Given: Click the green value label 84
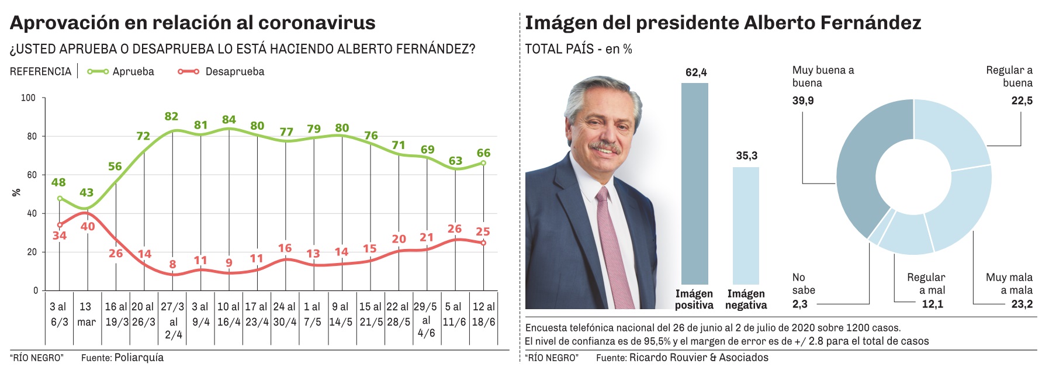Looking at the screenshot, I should point(229,120).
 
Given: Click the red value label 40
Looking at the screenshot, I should point(88,226).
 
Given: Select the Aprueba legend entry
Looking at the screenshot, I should point(121,72).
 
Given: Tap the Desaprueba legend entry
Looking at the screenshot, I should point(221,72).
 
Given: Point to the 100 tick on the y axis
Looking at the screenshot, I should point(28,98).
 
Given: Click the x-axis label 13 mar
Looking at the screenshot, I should point(86,314).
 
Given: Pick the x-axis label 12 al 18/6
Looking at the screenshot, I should point(483,314).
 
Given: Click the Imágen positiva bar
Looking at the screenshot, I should point(694,184).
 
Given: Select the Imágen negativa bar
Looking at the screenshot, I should point(746,226).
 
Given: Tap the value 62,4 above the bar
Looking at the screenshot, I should point(696,72).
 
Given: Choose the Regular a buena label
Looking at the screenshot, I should point(1009,77).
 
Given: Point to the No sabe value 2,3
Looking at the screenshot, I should point(800,304).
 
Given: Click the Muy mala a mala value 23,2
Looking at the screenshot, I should point(1022,304).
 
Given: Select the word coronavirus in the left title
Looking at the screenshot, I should point(317,23).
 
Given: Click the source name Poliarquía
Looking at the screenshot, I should point(139,358).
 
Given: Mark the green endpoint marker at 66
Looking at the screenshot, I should point(483,163).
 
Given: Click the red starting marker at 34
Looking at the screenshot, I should point(60,225).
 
